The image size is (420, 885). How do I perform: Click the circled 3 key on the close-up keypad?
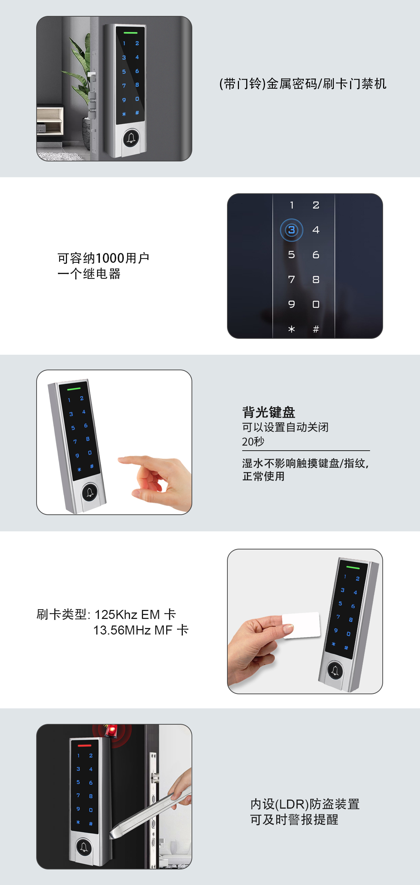pyautogui.click(x=291, y=230)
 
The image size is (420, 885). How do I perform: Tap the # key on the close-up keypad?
pyautogui.click(x=316, y=329)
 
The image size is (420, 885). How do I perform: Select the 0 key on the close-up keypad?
pyautogui.click(x=316, y=304)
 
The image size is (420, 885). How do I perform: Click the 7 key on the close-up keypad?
pyautogui.click(x=291, y=279)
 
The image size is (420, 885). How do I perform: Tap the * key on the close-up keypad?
pyautogui.click(x=291, y=329)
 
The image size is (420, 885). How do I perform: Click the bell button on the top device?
pyautogui.click(x=131, y=138)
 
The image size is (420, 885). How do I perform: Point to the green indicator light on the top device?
pyautogui.click(x=130, y=33)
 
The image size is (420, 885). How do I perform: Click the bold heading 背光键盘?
pyautogui.click(x=269, y=412)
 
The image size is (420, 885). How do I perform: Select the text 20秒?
pyautogui.click(x=253, y=442)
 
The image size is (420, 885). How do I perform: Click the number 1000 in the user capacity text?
pyautogui.click(x=110, y=258)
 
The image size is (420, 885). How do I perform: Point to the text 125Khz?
pyautogui.click(x=116, y=615)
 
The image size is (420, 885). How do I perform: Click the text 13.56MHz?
pyautogui.click(x=122, y=630)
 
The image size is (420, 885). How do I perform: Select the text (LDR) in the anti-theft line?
pyautogui.click(x=292, y=804)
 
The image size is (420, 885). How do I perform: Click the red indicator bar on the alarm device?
pyautogui.click(x=84, y=746)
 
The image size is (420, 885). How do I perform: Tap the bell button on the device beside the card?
pyautogui.click(x=335, y=670)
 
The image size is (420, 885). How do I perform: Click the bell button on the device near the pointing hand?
pyautogui.click(x=90, y=492)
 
